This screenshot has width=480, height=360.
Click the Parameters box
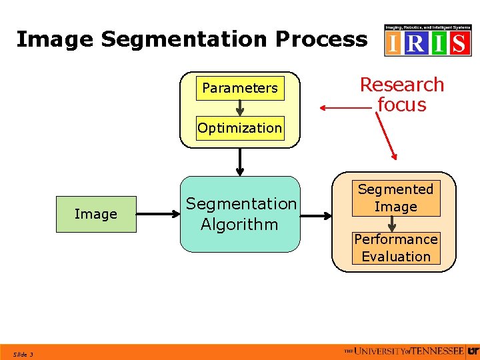[x=240, y=88]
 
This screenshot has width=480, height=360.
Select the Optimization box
[x=240, y=128]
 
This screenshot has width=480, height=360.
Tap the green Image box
[x=96, y=214]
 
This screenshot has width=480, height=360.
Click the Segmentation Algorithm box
[x=240, y=214]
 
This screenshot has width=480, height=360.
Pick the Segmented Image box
[x=395, y=198]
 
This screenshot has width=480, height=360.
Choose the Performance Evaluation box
[x=396, y=247]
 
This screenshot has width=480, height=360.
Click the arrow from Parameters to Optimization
[x=240, y=108]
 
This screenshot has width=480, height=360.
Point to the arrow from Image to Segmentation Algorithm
[x=158, y=215]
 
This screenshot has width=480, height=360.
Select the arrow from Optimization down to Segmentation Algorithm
[x=240, y=161]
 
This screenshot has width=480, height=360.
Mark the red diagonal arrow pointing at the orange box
[x=386, y=137]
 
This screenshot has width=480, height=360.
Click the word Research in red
[x=402, y=85]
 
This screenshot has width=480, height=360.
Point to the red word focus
[x=402, y=105]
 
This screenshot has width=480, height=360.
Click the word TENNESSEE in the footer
[x=439, y=351]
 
